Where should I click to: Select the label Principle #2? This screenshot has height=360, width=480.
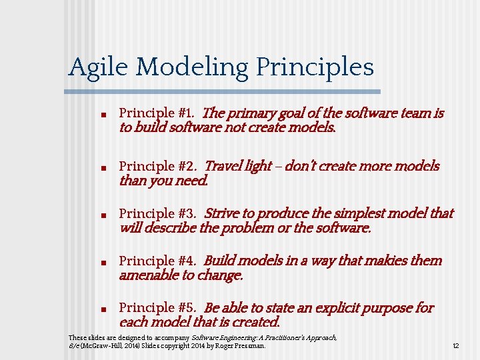pos(157,166)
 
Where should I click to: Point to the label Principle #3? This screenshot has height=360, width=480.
pos(157,214)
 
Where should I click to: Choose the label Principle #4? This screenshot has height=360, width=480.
pos(157,261)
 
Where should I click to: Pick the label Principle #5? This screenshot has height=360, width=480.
pos(157,308)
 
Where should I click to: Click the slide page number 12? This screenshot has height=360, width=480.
pos(456,346)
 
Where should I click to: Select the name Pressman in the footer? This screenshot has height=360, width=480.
pos(251,346)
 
